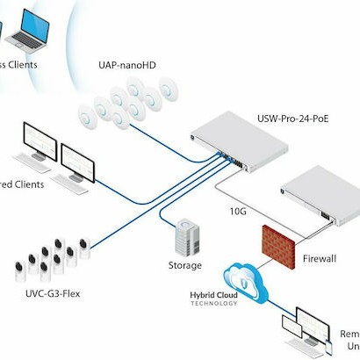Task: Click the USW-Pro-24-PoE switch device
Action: [242, 137]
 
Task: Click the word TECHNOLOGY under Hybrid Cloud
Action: [194, 306]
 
